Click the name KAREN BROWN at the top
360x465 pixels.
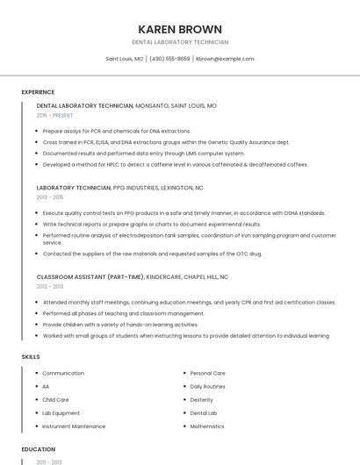pos(180,29)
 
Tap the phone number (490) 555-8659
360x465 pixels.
pos(169,59)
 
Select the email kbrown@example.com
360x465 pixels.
pos(225,59)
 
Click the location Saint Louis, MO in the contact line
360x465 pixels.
pos(125,59)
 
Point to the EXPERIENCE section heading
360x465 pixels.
pos(38,92)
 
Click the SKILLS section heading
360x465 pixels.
pos(30,357)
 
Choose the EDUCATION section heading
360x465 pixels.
pos(39,449)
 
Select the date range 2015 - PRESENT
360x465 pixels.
pos(54,115)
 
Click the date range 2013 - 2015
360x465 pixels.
pos(50,197)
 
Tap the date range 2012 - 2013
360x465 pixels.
pos(50,286)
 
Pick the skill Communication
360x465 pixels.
pos(63,374)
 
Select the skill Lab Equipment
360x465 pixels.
pos(61,412)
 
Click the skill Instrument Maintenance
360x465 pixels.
pos(74,426)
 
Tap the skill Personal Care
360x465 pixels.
pos(208,374)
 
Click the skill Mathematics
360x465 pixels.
pos(207,426)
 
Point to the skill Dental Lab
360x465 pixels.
pos(204,412)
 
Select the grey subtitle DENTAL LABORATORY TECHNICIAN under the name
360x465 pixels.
pos(180,42)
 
